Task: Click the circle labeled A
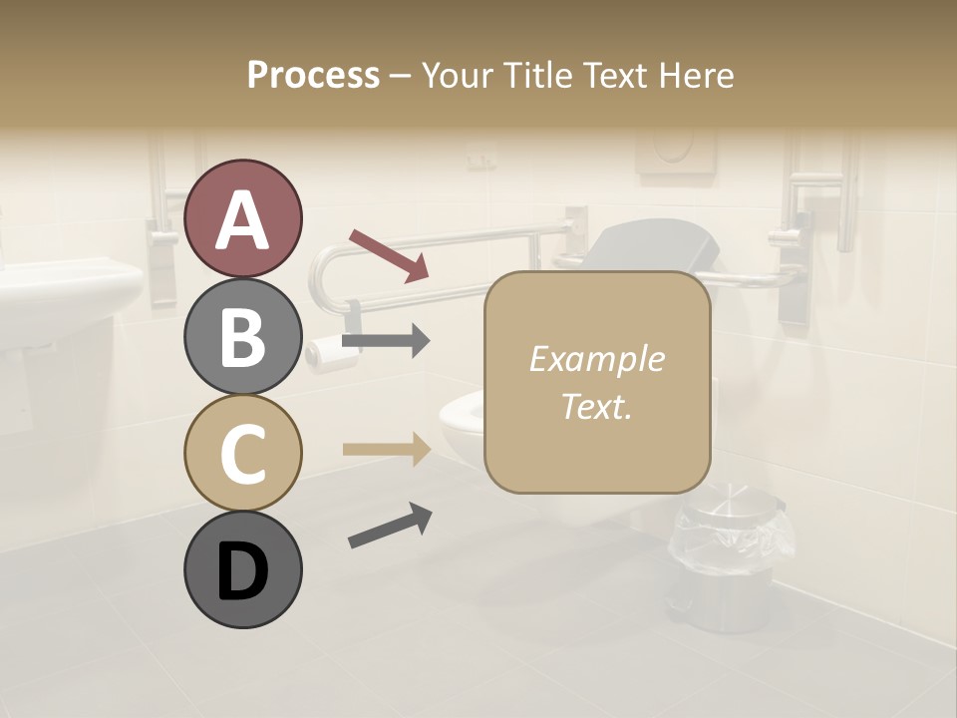point(242,218)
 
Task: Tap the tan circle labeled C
point(242,453)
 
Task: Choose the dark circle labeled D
point(242,570)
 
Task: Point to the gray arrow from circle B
point(386,341)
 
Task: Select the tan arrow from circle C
point(386,449)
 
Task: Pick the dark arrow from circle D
point(390,526)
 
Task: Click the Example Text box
point(596,382)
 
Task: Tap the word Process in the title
point(313,75)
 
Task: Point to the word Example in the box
point(596,359)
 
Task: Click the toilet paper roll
point(324,350)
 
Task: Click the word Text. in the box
point(596,406)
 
